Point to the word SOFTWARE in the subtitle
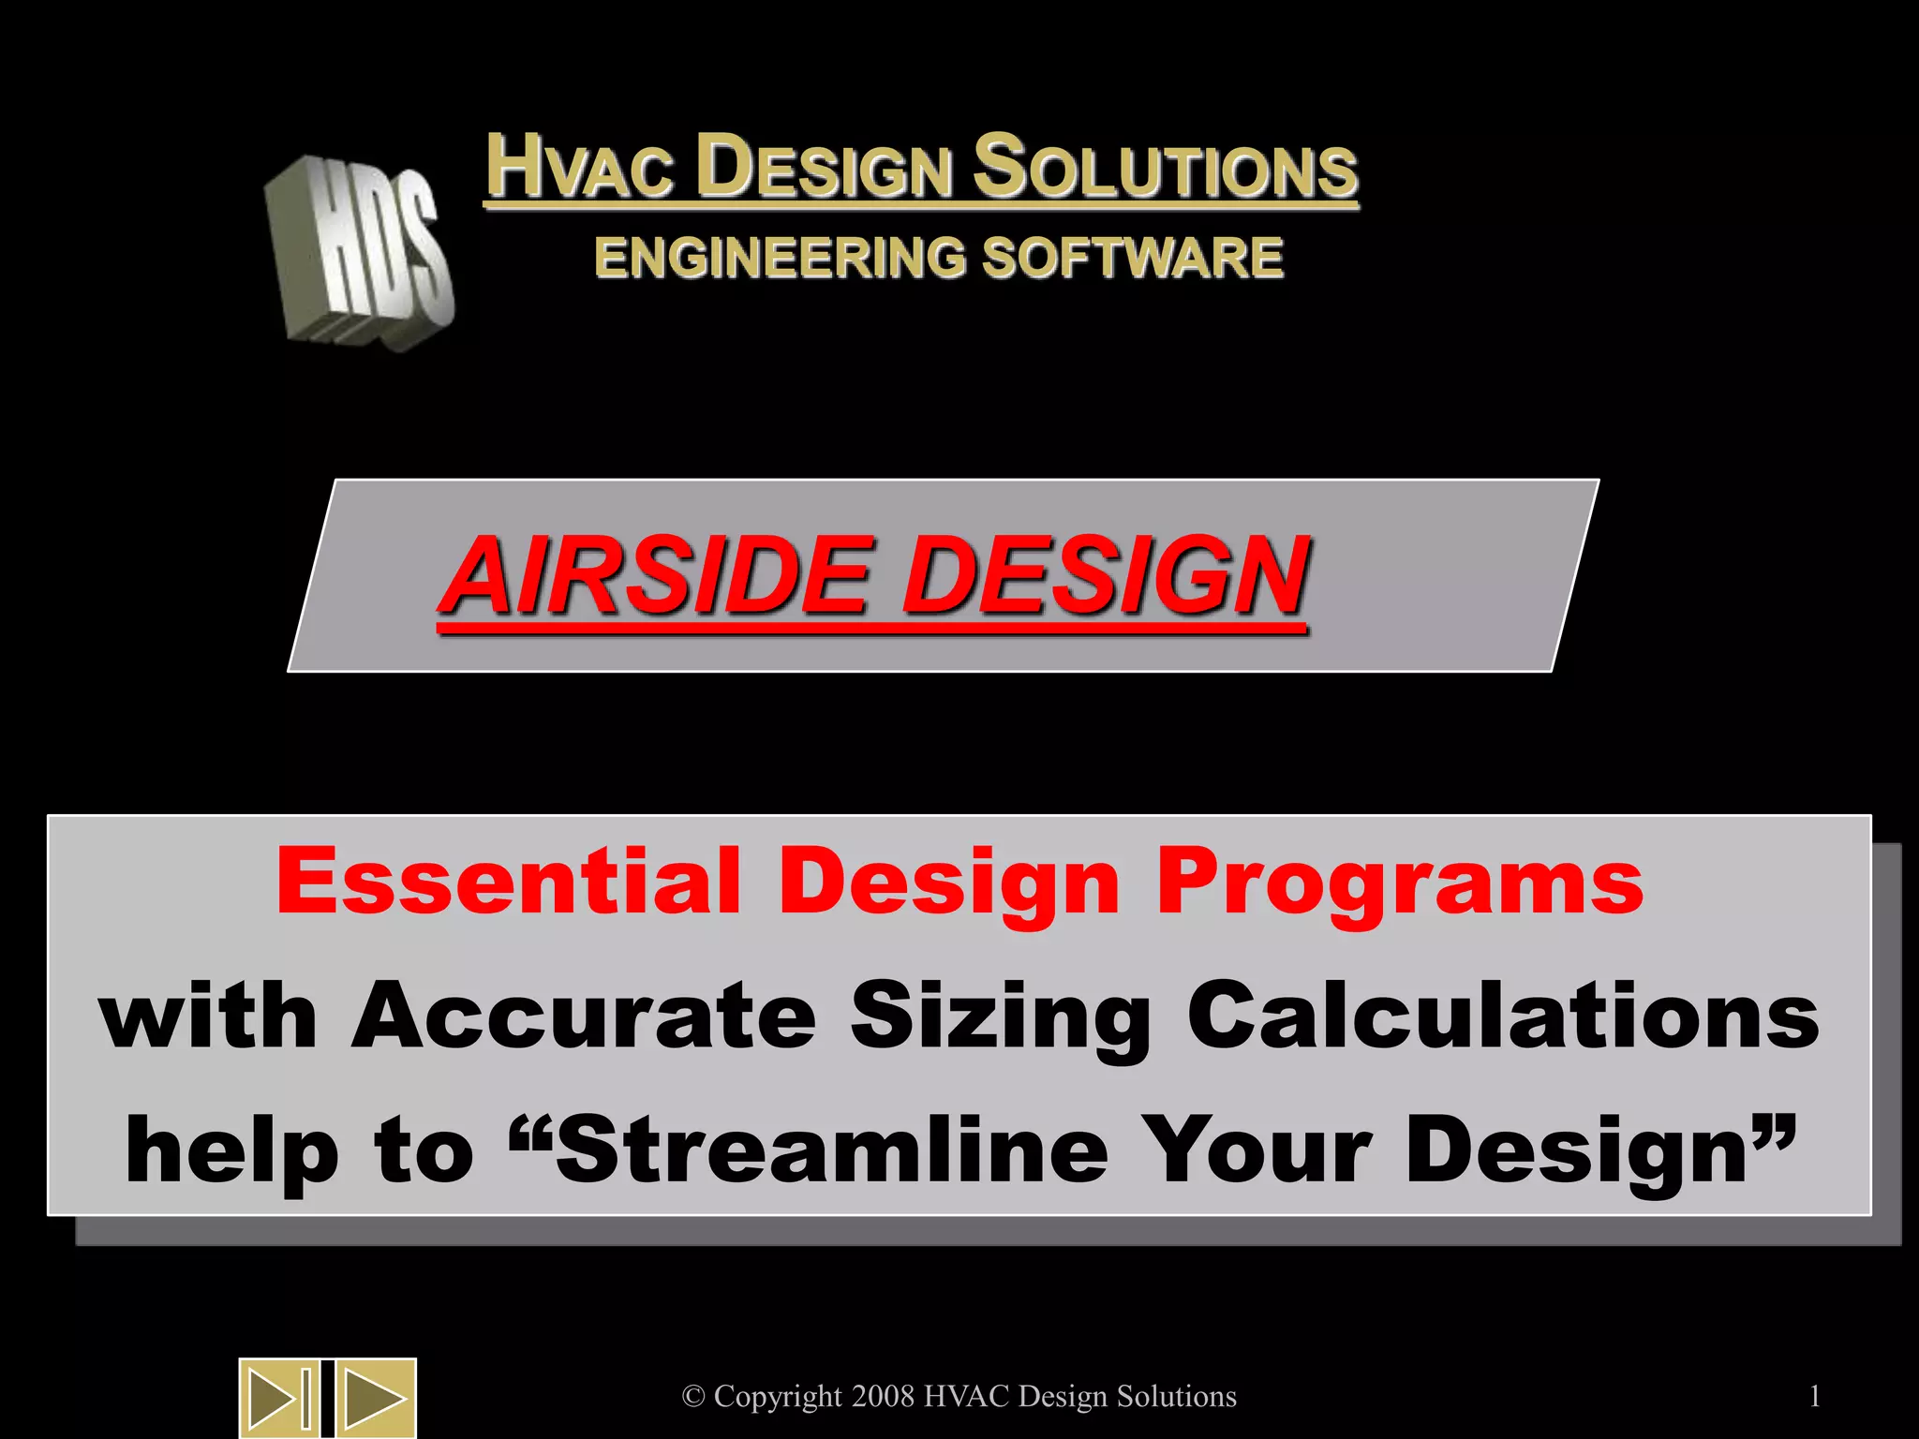[x=1133, y=258]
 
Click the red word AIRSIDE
[x=656, y=575]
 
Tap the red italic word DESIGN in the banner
[x=1106, y=575]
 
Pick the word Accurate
[x=584, y=1016]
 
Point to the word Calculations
[x=1503, y=1016]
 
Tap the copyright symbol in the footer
[x=693, y=1397]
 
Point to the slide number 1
[x=1815, y=1397]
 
